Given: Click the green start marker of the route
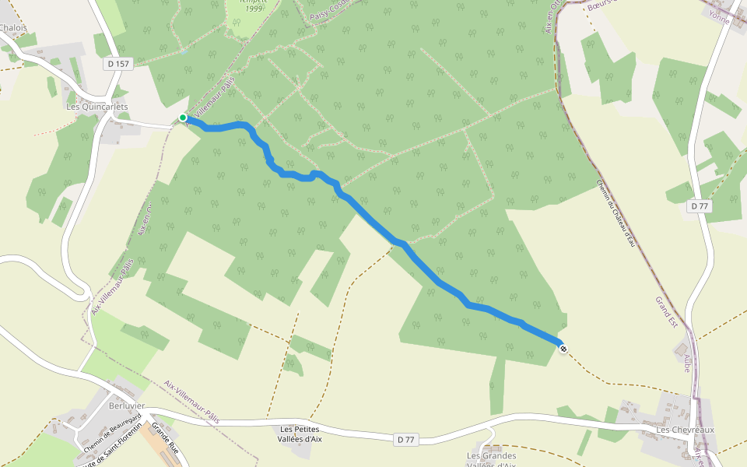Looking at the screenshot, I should point(183,118).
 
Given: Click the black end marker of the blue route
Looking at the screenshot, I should point(563,349).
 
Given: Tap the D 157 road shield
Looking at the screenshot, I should point(117,63).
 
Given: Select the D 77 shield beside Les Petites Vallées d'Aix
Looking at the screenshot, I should point(405,440).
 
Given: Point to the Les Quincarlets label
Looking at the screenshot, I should point(97,107).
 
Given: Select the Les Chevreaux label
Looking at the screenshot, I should point(685,430).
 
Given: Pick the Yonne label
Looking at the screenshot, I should point(720,19).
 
